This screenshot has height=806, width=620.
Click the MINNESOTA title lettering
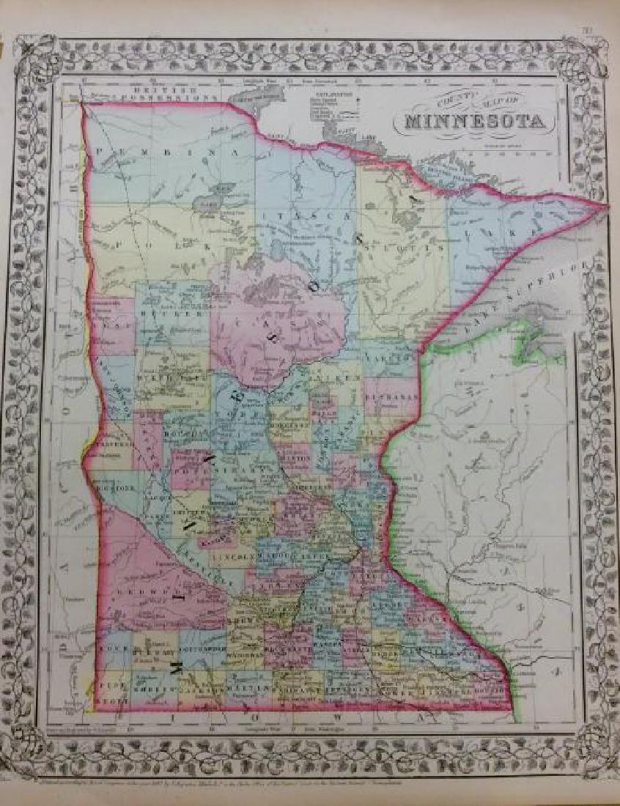coord(473,122)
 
